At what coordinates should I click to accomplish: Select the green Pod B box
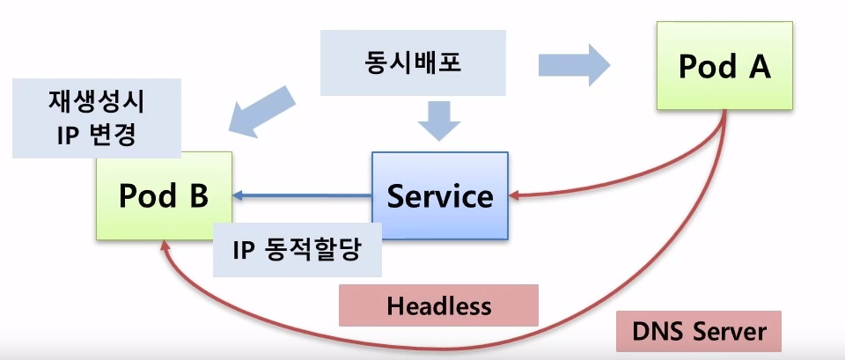pyautogui.click(x=165, y=195)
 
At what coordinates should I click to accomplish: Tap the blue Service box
pyautogui.click(x=439, y=195)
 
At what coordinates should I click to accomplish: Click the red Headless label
pyautogui.click(x=437, y=305)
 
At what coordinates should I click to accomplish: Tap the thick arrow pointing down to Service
pyautogui.click(x=439, y=120)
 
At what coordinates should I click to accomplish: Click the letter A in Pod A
pyautogui.click(x=759, y=67)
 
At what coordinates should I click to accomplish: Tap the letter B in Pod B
pyautogui.click(x=196, y=195)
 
